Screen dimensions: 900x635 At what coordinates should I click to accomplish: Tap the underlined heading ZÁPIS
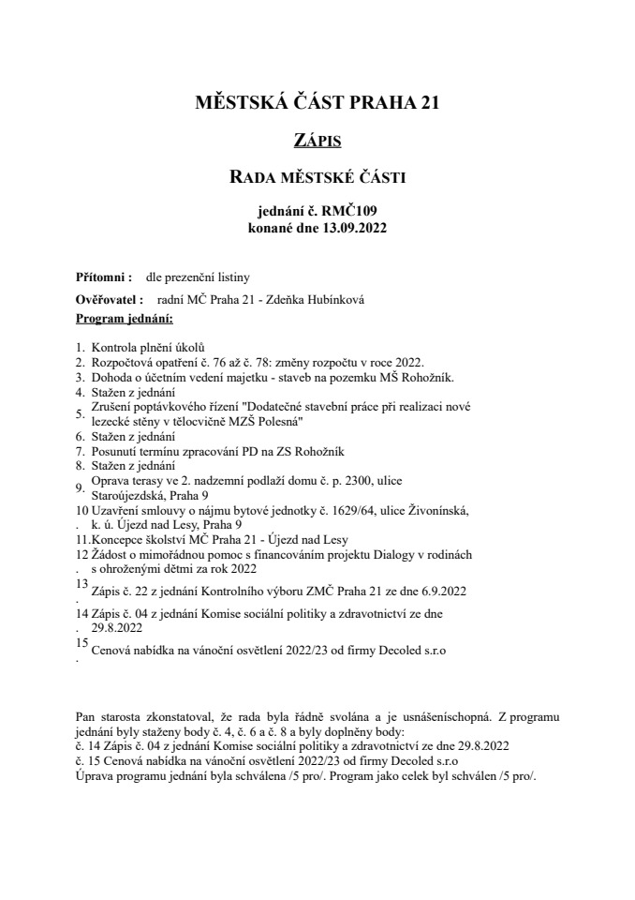[x=317, y=142]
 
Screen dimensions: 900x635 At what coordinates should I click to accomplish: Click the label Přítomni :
[x=97, y=278]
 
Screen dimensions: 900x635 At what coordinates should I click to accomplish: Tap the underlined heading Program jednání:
[x=118, y=320]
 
